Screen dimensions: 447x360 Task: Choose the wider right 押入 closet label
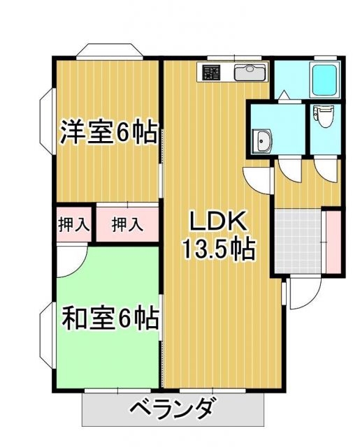pyautogui.click(x=127, y=225)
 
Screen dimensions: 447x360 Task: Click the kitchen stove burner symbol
pyautogui.click(x=212, y=72)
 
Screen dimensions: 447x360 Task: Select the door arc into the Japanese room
pyautogui.click(x=70, y=262)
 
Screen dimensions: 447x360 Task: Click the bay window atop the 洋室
pyautogui.click(x=108, y=51)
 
